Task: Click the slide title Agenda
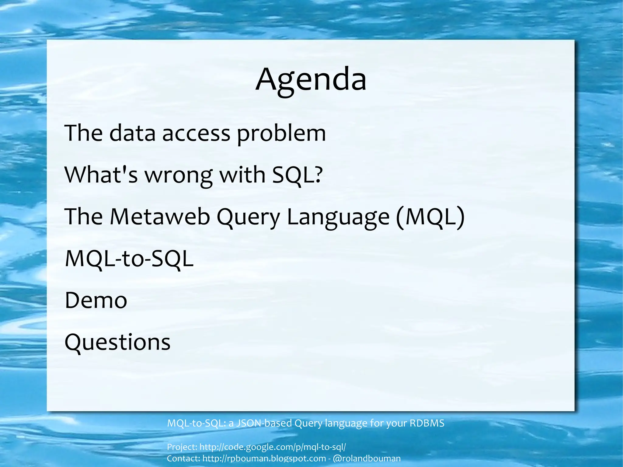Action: coord(311,80)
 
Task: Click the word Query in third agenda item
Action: coord(248,217)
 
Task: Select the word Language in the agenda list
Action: coord(338,217)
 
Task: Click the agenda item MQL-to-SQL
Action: coord(129,259)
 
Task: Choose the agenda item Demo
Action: coord(96,300)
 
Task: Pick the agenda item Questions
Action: coord(117,342)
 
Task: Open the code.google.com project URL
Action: coord(273,447)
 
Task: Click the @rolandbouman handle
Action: coord(367,458)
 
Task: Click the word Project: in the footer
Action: coord(182,447)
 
